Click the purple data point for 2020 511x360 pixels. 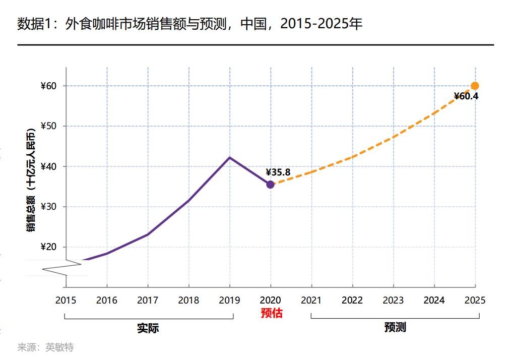coord(270,185)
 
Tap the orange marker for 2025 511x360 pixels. coord(475,86)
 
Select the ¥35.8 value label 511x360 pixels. coord(278,172)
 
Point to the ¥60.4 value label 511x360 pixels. coord(466,96)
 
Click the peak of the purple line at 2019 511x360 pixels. coord(230,157)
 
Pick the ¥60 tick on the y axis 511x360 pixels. coord(49,86)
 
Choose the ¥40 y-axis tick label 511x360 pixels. coord(49,167)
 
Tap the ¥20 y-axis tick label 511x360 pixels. coord(49,248)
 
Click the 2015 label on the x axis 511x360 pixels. coord(66,301)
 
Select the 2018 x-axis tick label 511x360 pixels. coord(188,301)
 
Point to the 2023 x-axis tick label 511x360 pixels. coord(393,301)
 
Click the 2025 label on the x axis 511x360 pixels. coord(475,301)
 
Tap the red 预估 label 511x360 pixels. coord(272,313)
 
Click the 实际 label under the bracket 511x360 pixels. coord(148,328)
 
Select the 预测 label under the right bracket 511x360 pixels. coord(395,328)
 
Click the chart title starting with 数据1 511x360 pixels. coord(189,24)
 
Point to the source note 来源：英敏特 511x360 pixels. coord(45,347)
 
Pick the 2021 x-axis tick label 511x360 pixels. coord(311,301)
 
